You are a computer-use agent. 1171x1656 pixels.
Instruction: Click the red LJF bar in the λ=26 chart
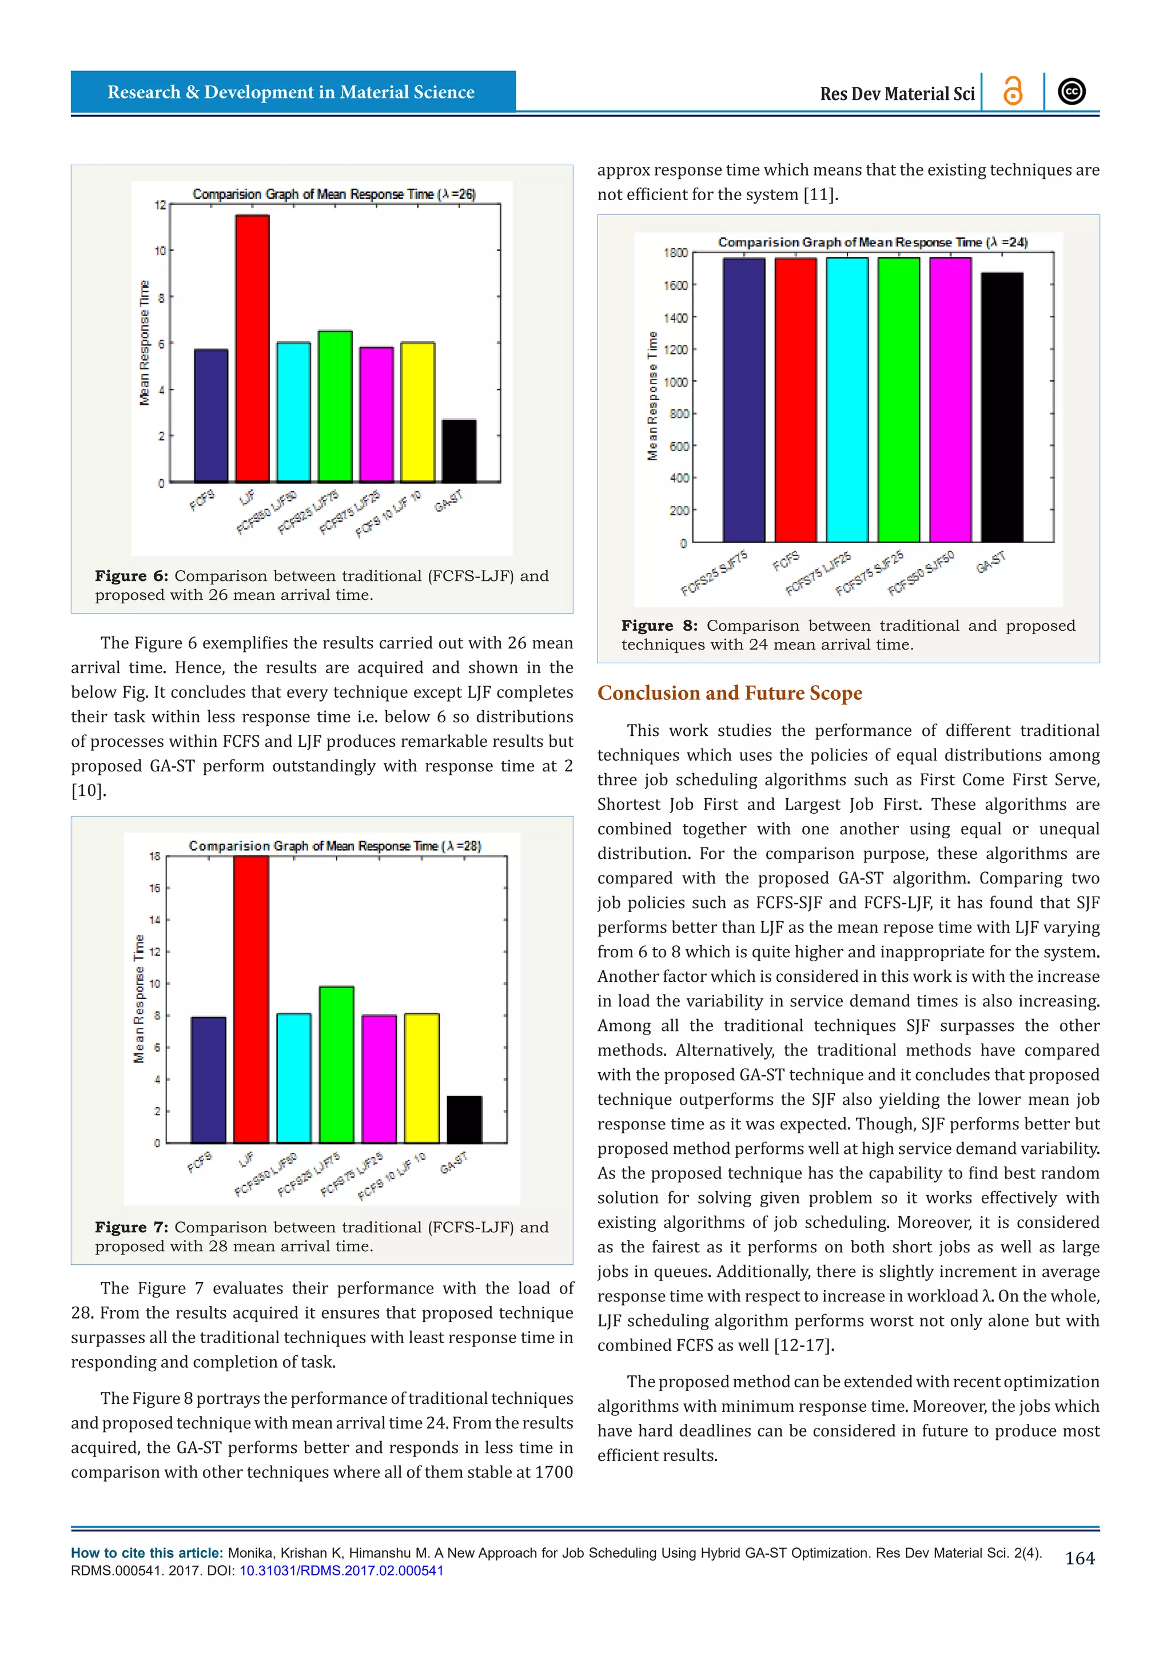(x=252, y=348)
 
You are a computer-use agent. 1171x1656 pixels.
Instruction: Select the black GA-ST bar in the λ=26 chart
(x=459, y=451)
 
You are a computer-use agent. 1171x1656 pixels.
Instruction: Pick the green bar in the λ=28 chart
(x=337, y=1065)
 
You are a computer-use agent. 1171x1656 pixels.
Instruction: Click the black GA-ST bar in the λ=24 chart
(x=1002, y=408)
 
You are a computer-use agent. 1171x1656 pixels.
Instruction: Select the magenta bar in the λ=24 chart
(x=950, y=400)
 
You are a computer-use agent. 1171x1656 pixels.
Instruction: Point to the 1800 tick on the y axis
(x=676, y=253)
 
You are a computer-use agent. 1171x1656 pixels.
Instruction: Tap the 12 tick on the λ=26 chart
(x=160, y=205)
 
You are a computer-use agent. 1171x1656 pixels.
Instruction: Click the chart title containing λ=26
(x=334, y=194)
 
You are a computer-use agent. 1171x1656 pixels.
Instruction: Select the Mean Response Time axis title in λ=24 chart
(x=652, y=396)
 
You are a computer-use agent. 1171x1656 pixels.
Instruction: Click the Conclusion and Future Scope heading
(x=730, y=693)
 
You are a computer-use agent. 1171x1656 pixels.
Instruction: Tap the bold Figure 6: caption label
(x=132, y=576)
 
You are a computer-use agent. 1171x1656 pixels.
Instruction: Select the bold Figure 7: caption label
(x=132, y=1228)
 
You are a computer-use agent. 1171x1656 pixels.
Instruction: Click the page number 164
(x=1080, y=1559)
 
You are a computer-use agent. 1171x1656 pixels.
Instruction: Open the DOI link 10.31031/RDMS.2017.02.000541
(x=341, y=1571)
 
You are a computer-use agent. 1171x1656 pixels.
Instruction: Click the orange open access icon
(x=1013, y=91)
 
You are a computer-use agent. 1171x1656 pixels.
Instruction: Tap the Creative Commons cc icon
(x=1072, y=91)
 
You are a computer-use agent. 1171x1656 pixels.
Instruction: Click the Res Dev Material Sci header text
(x=897, y=94)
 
